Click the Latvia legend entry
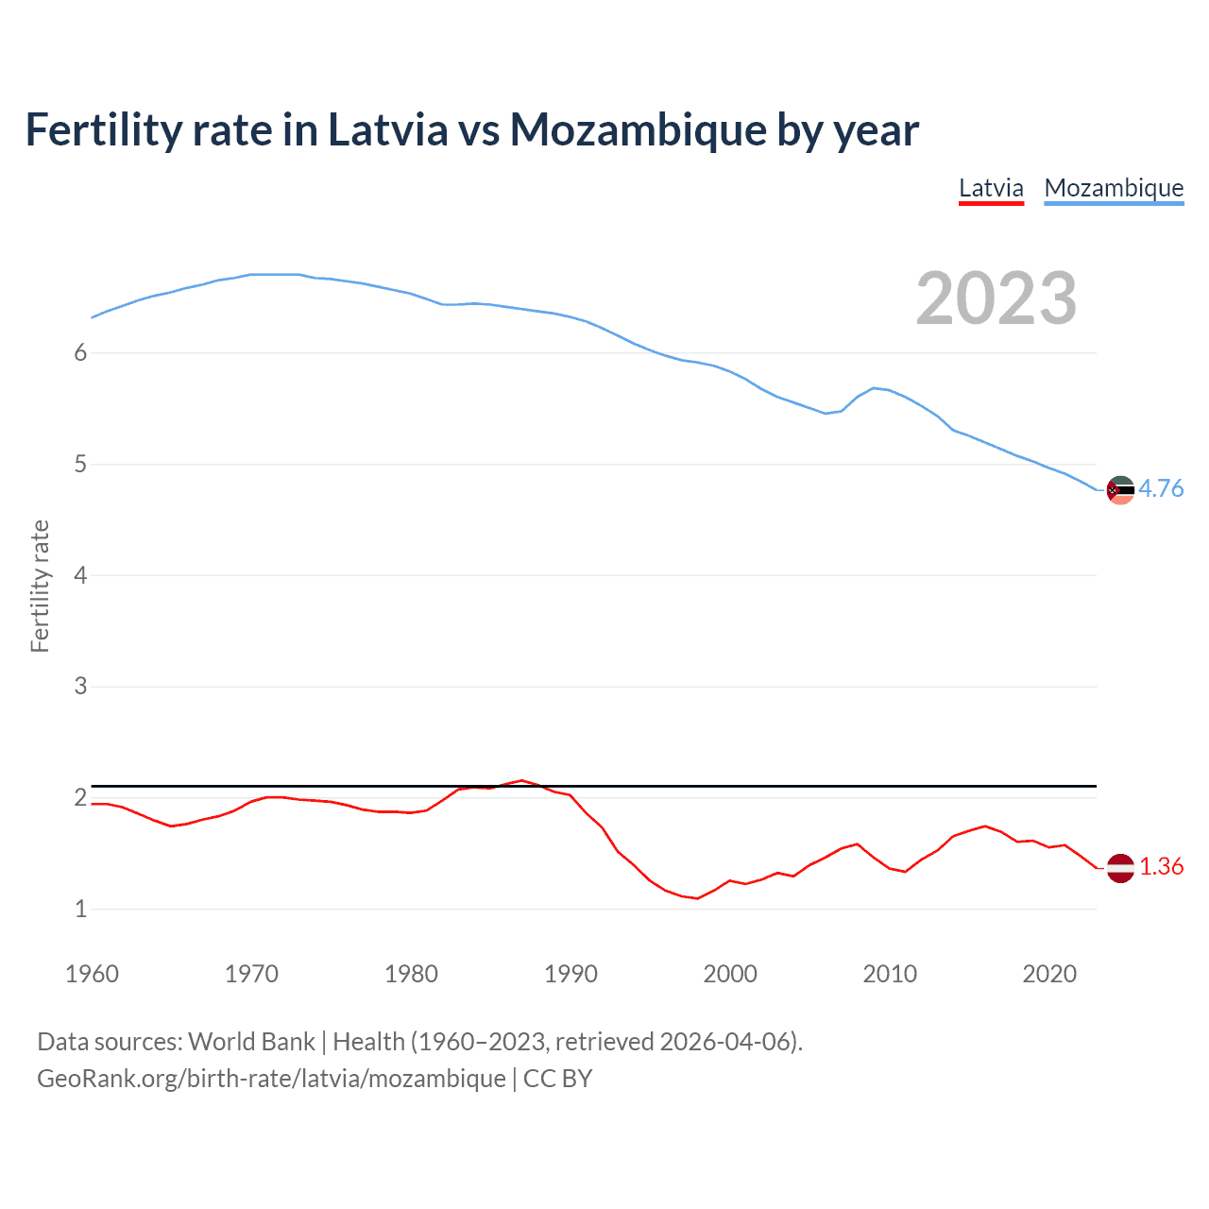pyautogui.click(x=991, y=188)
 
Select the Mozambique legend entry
pyautogui.click(x=1114, y=188)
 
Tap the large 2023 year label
pyautogui.click(x=996, y=298)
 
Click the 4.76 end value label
pyautogui.click(x=1161, y=488)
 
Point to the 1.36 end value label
pyautogui.click(x=1161, y=866)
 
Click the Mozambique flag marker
pyautogui.click(x=1120, y=489)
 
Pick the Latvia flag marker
pyautogui.click(x=1120, y=867)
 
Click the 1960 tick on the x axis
pyautogui.click(x=92, y=974)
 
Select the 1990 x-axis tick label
pyautogui.click(x=570, y=974)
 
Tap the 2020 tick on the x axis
pyautogui.click(x=1049, y=974)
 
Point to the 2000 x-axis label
pyautogui.click(x=730, y=974)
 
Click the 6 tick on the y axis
pyautogui.click(x=80, y=353)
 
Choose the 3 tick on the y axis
pyautogui.click(x=80, y=687)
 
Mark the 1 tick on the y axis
pyautogui.click(x=80, y=909)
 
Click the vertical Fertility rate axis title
pyautogui.click(x=40, y=586)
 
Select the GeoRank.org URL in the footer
pyautogui.click(x=271, y=1079)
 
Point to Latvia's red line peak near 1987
pyautogui.click(x=521, y=780)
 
